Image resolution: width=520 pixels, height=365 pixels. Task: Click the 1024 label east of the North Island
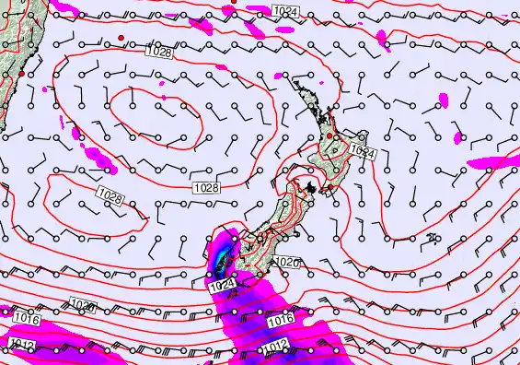tap(363, 151)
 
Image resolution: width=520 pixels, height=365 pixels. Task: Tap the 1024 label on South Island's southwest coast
tap(221, 287)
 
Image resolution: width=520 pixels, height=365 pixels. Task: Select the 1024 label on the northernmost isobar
tap(286, 10)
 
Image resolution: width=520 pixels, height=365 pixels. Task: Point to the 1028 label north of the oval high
tap(158, 53)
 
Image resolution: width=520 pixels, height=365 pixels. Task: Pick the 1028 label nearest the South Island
tap(206, 188)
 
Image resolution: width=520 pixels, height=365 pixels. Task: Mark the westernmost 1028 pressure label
tap(110, 195)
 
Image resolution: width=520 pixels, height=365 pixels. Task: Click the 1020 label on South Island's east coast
tap(288, 262)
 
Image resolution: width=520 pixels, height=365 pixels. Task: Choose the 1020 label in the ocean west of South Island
tap(83, 305)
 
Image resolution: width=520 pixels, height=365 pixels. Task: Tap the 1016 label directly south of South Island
tap(282, 319)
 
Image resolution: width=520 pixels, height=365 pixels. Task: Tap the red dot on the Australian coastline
tap(21, 74)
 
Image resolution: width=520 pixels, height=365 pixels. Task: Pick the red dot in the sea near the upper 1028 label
tap(121, 37)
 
